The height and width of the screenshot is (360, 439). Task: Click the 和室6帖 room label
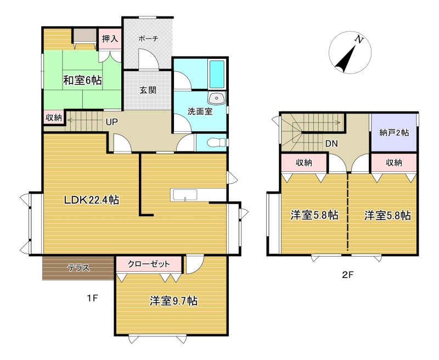[x=82, y=81]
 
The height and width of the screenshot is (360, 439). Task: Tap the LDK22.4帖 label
[x=92, y=200]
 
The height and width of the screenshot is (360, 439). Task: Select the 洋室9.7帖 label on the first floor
[x=173, y=301]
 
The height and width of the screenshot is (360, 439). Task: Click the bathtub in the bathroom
[x=217, y=74]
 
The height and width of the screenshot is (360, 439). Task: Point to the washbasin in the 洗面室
[x=216, y=99]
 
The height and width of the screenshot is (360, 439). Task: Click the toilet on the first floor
[x=217, y=143]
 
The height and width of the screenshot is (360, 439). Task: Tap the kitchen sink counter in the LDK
[x=184, y=195]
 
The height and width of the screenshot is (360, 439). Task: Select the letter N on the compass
[x=359, y=40]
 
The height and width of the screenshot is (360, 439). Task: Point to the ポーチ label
[x=148, y=38]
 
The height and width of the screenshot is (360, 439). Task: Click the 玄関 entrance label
[x=148, y=91]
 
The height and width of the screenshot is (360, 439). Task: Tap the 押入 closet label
[x=110, y=38]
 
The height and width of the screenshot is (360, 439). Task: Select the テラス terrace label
[x=79, y=268]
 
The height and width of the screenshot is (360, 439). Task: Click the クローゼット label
[x=149, y=264]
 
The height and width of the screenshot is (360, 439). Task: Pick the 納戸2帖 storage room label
[x=394, y=132]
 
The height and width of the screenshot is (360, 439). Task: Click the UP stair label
[x=112, y=122]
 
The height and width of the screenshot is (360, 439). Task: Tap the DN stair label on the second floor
[x=331, y=144]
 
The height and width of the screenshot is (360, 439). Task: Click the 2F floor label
[x=348, y=274]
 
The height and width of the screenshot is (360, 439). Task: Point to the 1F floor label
[x=92, y=298]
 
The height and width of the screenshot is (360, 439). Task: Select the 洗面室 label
[x=200, y=111]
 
